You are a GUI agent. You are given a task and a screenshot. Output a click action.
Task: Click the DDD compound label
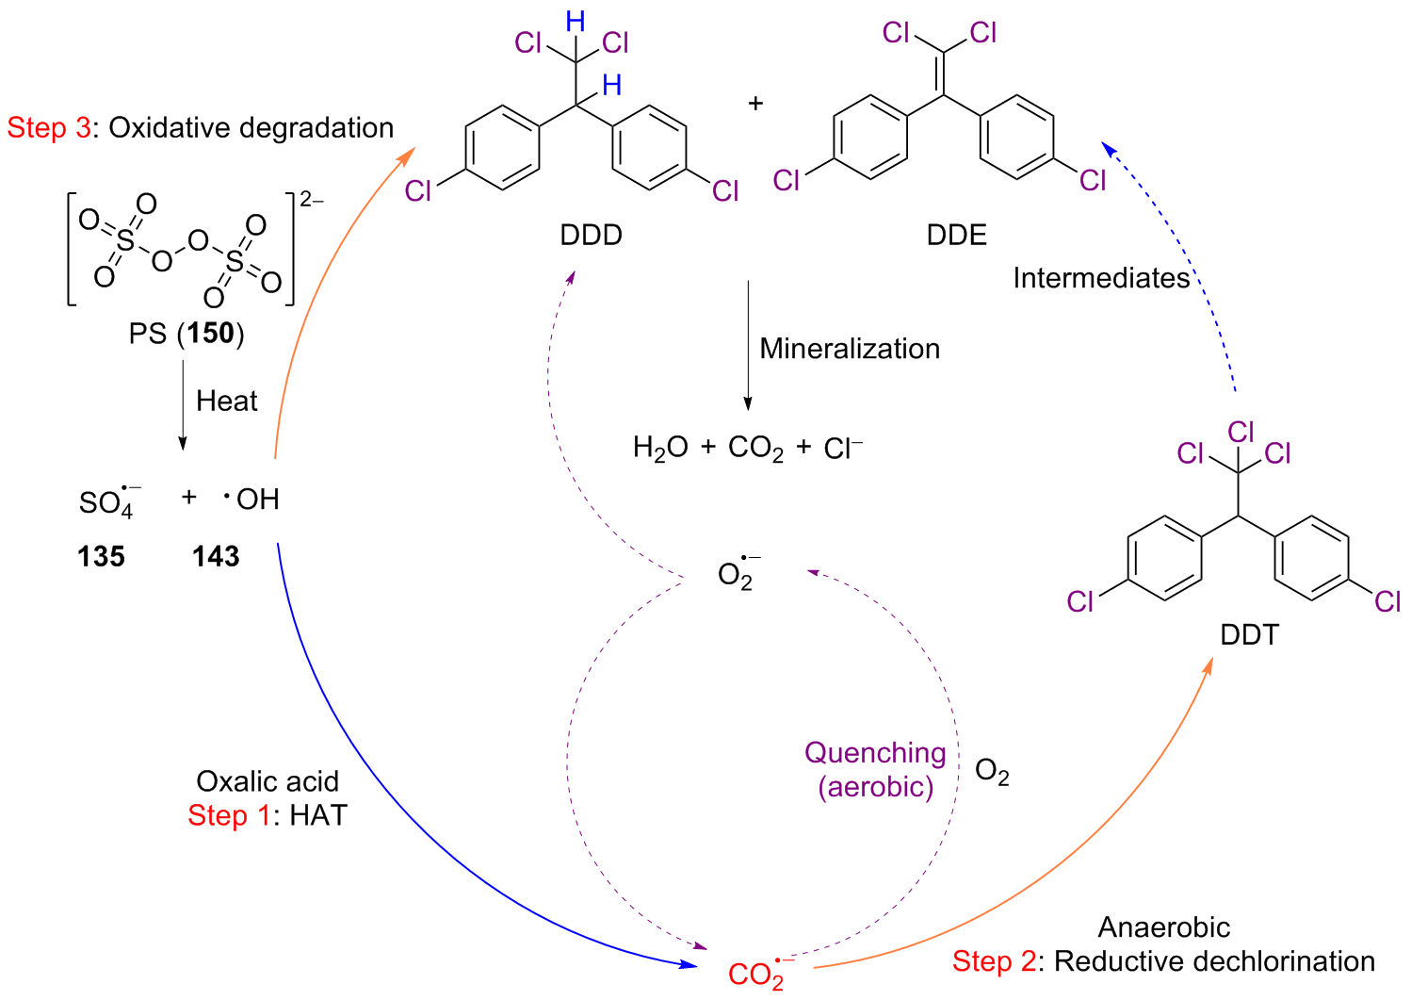coord(591,235)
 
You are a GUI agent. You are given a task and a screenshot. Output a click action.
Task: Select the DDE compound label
coord(956,235)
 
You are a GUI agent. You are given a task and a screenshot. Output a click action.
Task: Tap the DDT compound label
coord(1249,634)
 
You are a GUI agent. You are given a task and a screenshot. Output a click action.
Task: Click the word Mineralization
coord(850,349)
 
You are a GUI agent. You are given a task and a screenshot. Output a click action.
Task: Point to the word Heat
coord(226,402)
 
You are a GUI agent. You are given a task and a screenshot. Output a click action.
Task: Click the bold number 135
coord(101,556)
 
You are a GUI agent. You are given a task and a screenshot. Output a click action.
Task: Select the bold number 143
coord(216,556)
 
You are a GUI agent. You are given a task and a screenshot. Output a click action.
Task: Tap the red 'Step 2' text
coord(994,961)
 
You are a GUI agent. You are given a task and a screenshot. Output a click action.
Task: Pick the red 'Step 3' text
coord(48,128)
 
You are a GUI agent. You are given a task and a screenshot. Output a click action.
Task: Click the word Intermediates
coord(1101,278)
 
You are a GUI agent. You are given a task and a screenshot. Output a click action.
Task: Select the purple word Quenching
coord(875,753)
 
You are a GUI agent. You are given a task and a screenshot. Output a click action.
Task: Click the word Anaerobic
coord(1163,927)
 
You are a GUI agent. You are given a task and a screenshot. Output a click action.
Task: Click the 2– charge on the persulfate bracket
coord(312,200)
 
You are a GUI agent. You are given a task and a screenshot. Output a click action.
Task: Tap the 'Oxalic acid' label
coord(268,781)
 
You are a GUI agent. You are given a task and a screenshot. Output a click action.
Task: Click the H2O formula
coord(660,448)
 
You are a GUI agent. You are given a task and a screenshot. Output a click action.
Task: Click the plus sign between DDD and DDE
coord(755,103)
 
